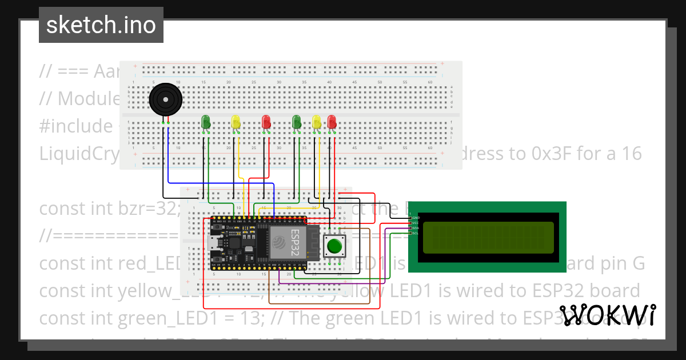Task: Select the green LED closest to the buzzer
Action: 206,122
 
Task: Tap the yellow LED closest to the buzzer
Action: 236,122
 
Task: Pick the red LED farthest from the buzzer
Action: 332,122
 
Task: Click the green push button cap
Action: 334,247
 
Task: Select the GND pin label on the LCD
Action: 416,218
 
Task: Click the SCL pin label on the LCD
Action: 416,233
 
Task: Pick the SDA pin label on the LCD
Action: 416,228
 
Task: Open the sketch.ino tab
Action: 101,25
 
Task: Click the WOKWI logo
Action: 607,315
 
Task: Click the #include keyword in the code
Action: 74,126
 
